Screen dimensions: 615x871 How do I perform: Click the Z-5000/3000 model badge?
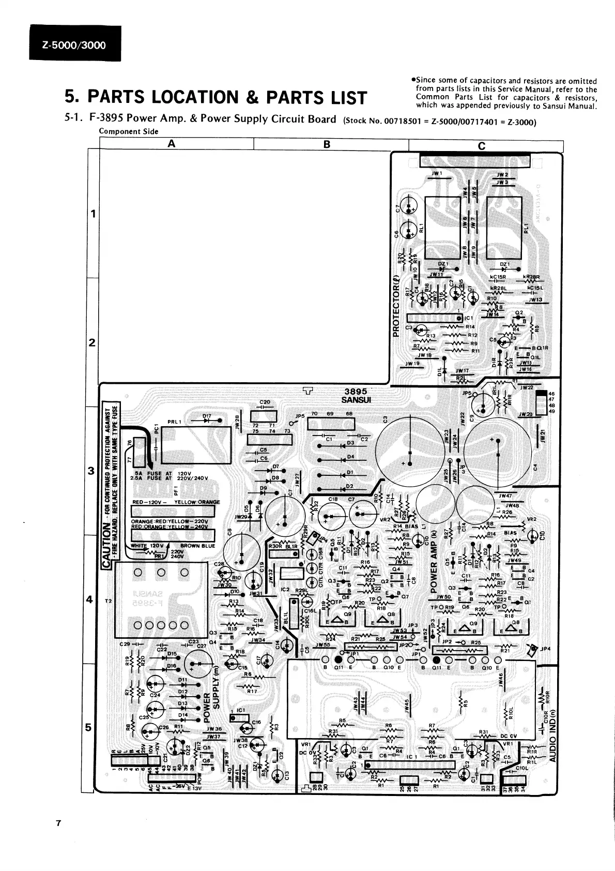pos(75,45)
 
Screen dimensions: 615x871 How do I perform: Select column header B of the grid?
pos(327,144)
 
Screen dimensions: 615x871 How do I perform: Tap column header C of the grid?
pos(482,145)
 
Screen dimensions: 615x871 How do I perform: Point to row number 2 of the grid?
pos(93,342)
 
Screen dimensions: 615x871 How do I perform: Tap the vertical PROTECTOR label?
pos(396,306)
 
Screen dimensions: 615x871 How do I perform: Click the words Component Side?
pos(129,131)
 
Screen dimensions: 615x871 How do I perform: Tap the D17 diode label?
pos(207,416)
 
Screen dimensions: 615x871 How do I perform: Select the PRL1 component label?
pos(174,422)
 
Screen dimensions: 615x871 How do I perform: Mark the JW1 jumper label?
pos(437,173)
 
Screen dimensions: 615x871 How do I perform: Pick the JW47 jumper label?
pos(505,495)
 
